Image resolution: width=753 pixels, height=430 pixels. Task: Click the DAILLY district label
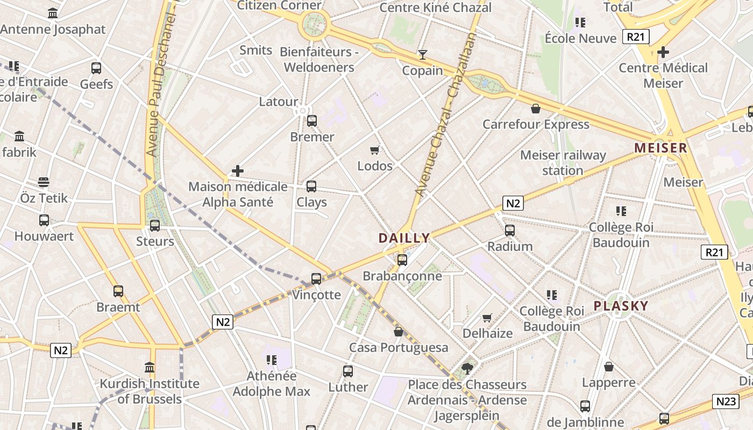pos(404,238)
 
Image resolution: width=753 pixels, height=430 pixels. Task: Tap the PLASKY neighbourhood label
pos(621,306)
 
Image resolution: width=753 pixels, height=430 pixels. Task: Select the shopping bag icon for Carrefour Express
pos(536,109)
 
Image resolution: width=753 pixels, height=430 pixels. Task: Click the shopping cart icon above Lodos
pos(375,150)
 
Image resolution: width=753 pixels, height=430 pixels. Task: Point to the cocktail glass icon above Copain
pos(423,55)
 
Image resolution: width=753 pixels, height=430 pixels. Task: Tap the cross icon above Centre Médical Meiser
pos(663,52)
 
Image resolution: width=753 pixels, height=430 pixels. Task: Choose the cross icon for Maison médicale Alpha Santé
pos(238,171)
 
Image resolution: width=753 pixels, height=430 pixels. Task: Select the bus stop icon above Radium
pos(510,231)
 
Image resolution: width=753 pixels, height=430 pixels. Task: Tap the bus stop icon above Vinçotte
pos(316,279)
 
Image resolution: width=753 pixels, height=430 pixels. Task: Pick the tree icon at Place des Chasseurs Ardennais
pos(467,369)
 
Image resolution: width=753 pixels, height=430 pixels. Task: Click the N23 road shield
pos(726,401)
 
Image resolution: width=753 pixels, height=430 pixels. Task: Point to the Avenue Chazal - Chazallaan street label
pos(446,114)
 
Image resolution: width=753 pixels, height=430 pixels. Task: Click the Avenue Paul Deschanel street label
pos(156,81)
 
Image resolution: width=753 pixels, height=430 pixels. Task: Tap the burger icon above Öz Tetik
pos(44,182)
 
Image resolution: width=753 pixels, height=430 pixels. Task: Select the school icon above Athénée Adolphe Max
pos(271,360)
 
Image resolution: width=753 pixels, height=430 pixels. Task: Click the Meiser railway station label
pos(563,162)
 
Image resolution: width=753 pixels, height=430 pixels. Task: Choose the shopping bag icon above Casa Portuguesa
pos(399,332)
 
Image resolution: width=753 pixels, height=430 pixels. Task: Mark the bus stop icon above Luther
pos(348,371)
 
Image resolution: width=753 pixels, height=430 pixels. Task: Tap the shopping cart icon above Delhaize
pos(487,318)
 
